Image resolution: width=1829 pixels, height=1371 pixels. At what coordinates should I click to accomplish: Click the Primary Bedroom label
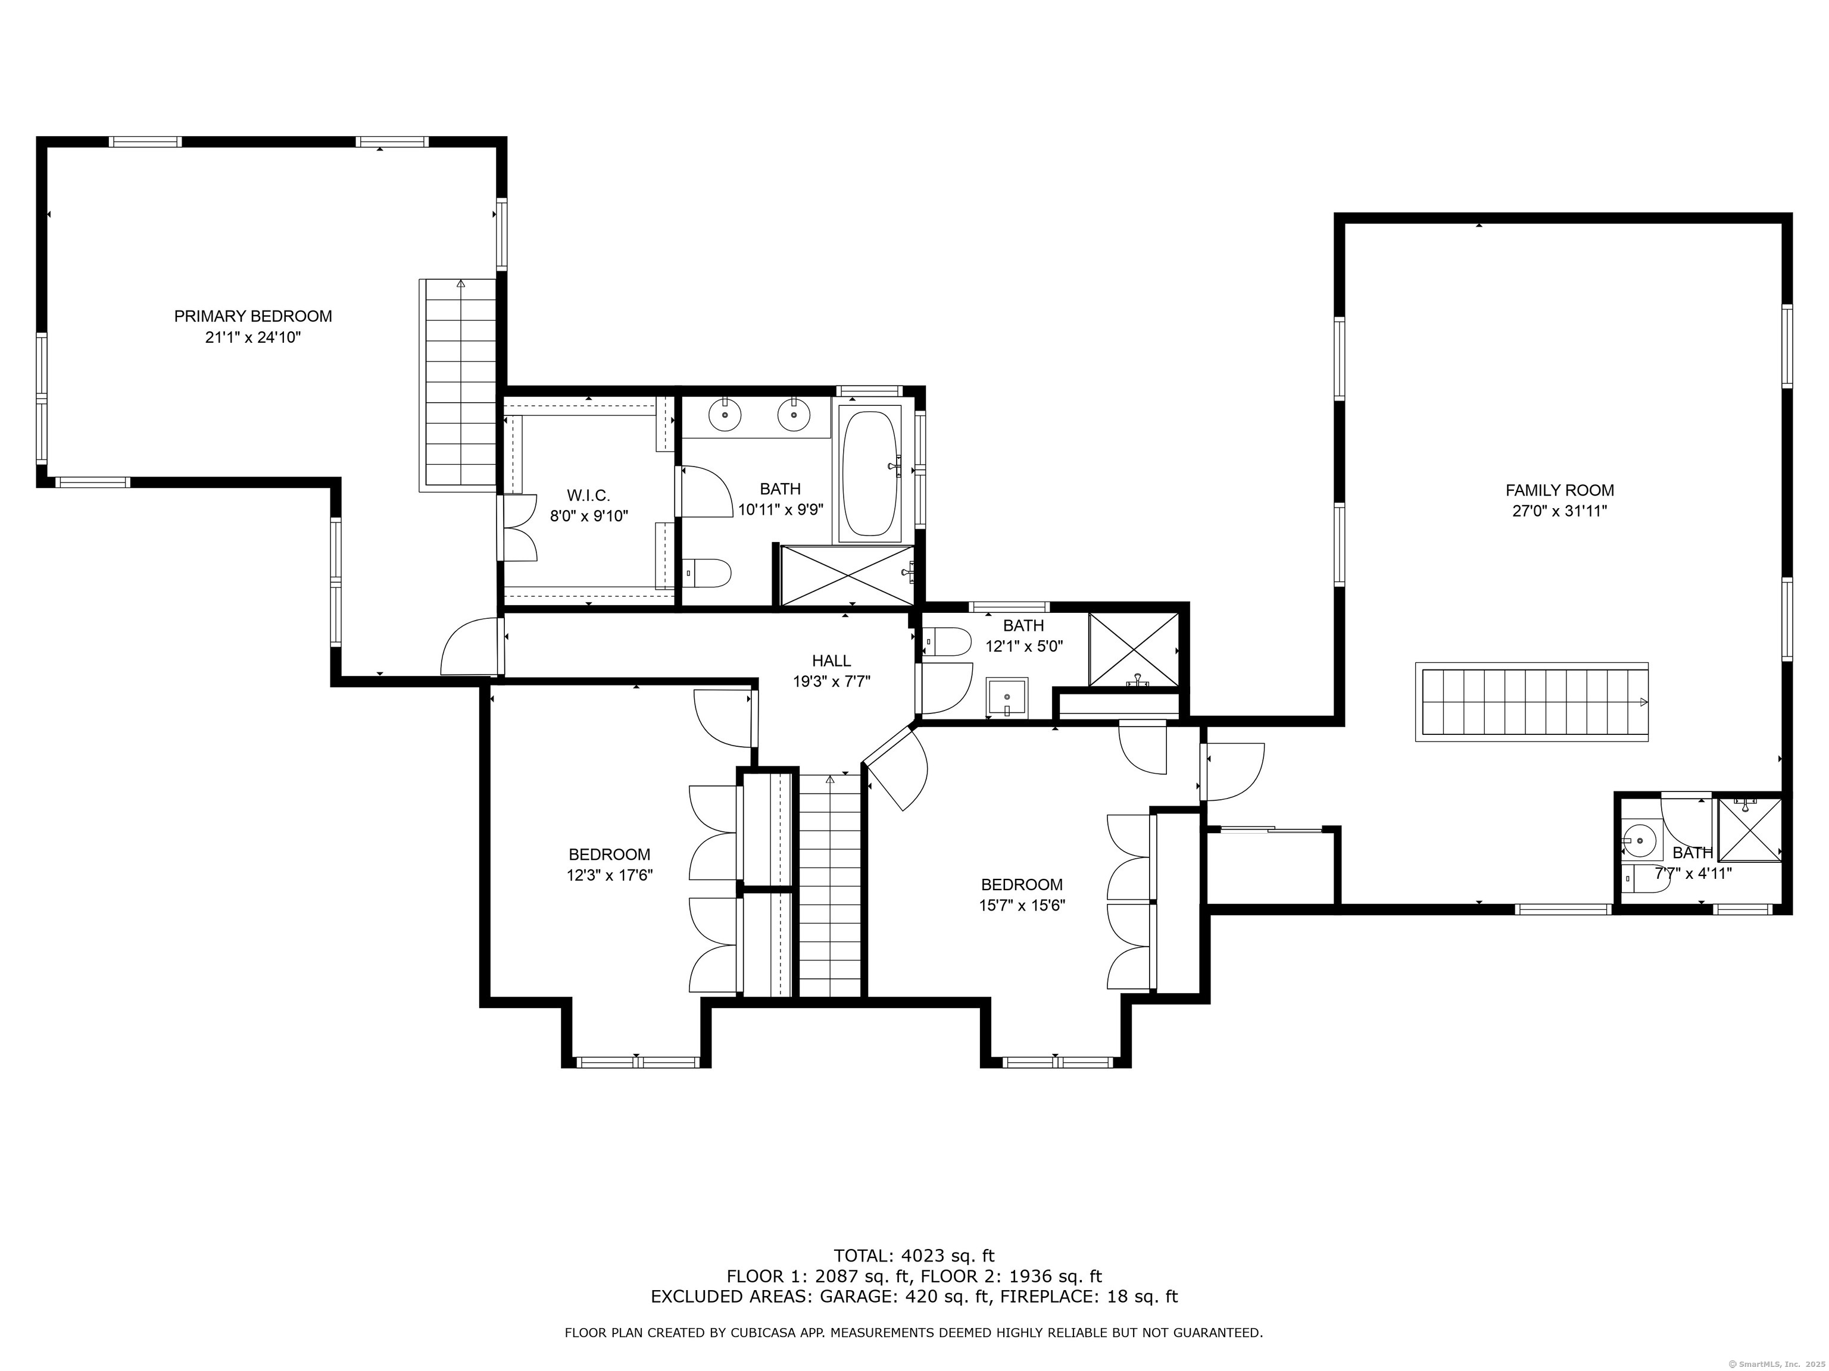coord(253,317)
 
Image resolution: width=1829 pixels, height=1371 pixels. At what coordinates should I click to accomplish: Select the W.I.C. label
coord(589,496)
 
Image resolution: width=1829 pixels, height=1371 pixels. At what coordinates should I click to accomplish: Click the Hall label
coord(831,661)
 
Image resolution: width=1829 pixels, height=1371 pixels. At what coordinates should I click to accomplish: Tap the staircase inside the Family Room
coord(1532,702)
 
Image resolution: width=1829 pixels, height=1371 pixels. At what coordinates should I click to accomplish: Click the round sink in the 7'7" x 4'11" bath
coord(1639,842)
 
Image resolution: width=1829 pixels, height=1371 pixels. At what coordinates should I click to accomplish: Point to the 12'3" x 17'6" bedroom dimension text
coord(610,876)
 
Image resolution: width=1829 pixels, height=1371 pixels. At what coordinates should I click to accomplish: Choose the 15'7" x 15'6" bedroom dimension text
coord(1022,906)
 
